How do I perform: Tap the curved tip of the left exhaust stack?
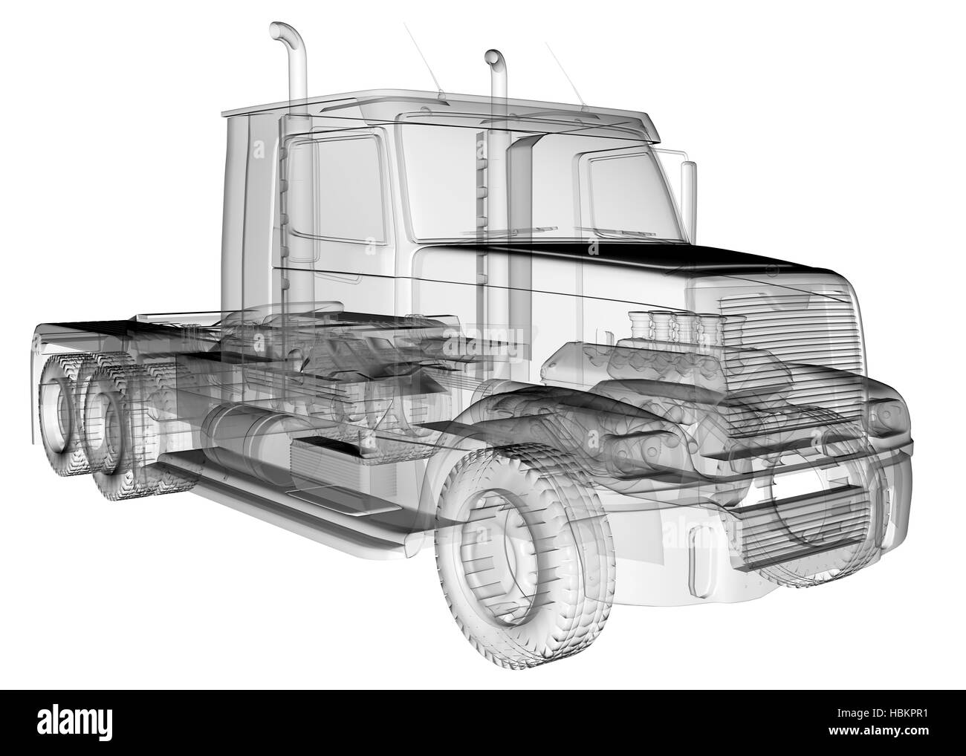pos(280,32)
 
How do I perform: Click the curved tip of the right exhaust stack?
pos(492,58)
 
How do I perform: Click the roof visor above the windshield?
pos(520,119)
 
